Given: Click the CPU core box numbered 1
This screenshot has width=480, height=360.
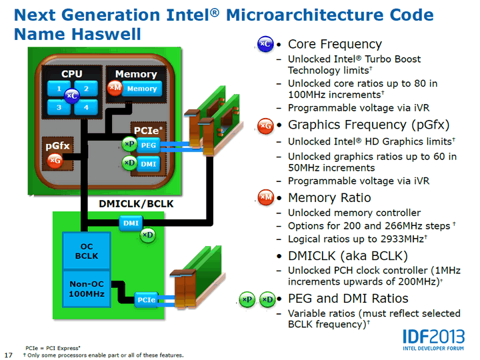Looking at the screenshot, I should [x=59, y=88].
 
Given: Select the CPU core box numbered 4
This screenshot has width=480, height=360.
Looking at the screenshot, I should [x=87, y=107].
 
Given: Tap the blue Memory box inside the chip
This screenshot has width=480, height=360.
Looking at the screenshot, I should [x=141, y=89].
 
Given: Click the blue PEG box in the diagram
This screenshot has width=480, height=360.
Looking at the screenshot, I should [x=148, y=145].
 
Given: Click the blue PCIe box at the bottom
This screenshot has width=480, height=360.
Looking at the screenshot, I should [x=147, y=300].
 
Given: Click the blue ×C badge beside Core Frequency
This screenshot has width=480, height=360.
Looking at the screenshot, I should [x=265, y=44].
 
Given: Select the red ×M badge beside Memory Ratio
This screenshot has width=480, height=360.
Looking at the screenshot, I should [x=265, y=197].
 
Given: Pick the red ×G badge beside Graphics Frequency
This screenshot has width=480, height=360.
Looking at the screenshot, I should [x=265, y=125].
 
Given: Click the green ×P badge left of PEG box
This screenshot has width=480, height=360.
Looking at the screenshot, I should [x=129, y=144].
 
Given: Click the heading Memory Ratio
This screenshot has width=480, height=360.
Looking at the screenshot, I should [x=330, y=197].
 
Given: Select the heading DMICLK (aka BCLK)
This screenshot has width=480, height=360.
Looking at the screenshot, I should [x=338, y=255].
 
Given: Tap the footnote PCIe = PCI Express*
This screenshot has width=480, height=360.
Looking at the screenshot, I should [x=53, y=348].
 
